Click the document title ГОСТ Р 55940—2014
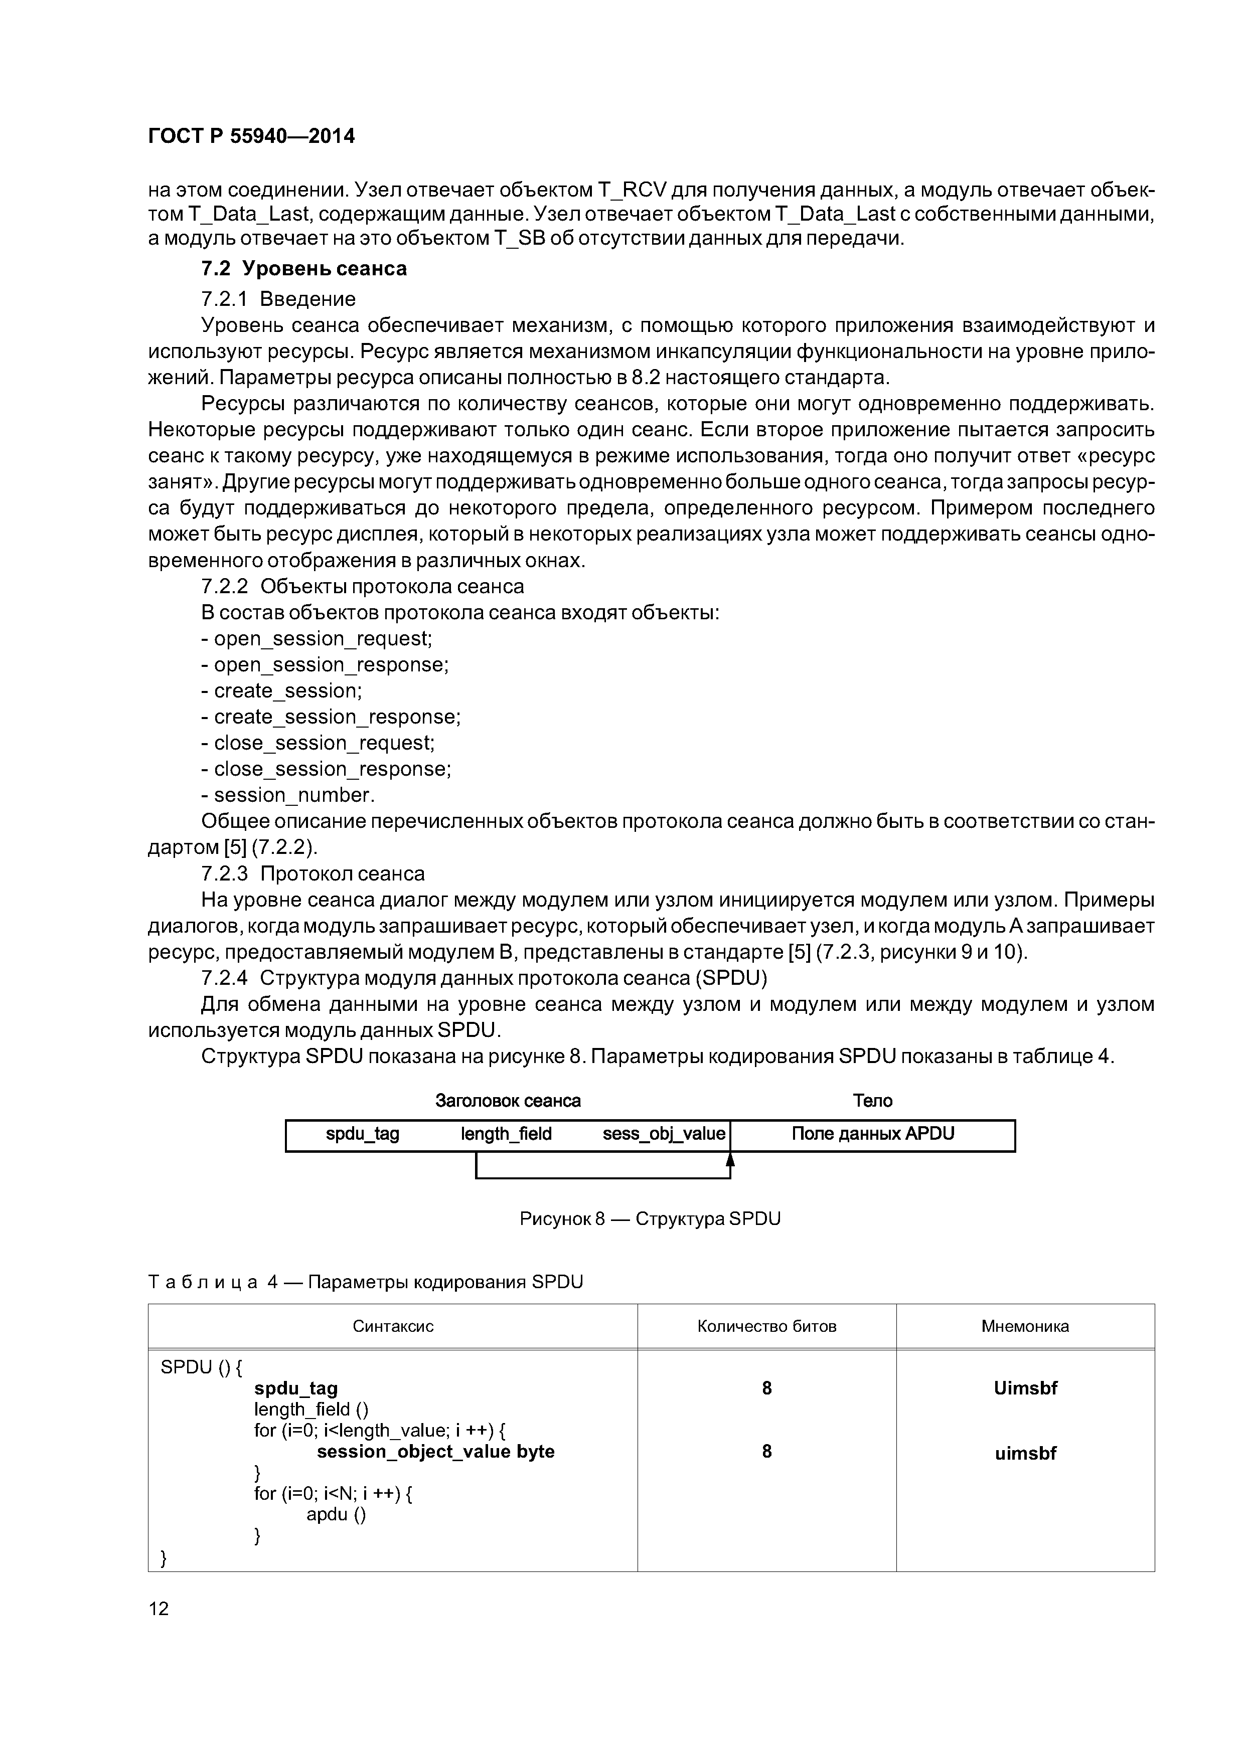pos(251,136)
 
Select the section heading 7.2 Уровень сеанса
pos(303,269)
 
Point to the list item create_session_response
pos(331,717)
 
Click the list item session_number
pos(288,795)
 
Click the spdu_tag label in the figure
pos(363,1134)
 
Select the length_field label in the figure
pos(506,1134)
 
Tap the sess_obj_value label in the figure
pos(663,1134)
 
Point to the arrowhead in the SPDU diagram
pos(730,1161)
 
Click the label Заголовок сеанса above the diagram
pos(508,1101)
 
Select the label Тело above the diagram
pos(872,1101)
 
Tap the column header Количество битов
pos(766,1327)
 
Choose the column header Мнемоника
pos(1025,1327)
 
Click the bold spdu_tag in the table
pos(296,1389)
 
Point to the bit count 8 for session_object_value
pos(766,1452)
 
